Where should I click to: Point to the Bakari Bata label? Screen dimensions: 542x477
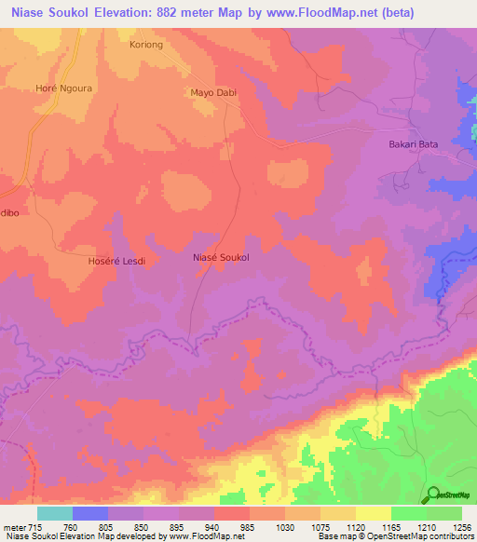(x=413, y=144)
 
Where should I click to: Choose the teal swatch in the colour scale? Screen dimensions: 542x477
(x=55, y=513)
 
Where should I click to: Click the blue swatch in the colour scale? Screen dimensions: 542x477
(x=90, y=513)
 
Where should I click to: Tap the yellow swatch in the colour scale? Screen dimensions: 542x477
(x=374, y=513)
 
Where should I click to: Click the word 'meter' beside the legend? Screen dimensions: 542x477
(x=14, y=528)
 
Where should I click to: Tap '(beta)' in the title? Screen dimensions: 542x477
(x=388, y=13)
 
